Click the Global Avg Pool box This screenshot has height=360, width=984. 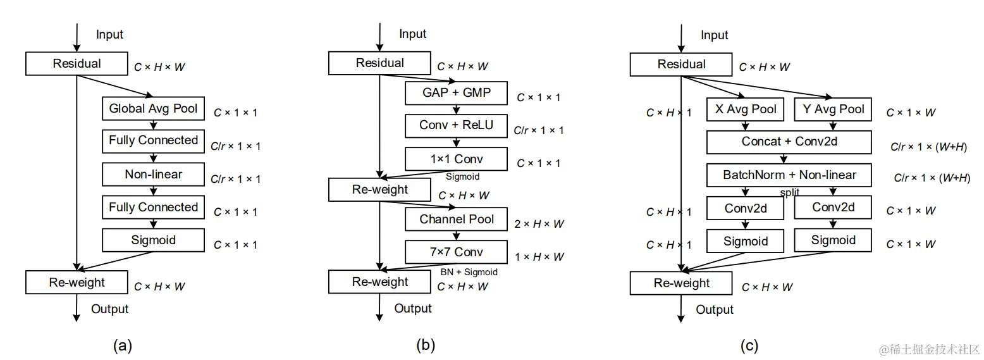[153, 108]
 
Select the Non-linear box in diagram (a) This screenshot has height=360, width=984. [153, 174]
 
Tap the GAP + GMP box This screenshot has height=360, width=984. [456, 93]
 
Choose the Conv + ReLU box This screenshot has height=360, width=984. [456, 125]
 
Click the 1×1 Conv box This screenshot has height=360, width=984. [456, 159]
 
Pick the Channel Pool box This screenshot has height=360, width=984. [456, 219]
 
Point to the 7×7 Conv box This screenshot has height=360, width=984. [456, 252]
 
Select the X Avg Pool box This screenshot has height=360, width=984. [745, 109]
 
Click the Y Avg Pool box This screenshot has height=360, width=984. [833, 109]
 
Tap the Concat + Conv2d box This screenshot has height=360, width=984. [789, 142]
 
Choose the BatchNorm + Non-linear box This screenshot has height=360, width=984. [789, 175]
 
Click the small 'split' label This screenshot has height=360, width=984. [789, 192]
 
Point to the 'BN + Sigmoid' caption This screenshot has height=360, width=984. [469, 272]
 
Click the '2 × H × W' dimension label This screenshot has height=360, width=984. [539, 224]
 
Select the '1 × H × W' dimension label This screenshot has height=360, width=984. [539, 257]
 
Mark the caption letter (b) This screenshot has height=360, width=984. [426, 345]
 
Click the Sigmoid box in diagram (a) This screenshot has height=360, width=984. [153, 240]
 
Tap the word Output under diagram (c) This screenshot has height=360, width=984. [715, 309]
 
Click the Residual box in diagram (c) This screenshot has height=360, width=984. [681, 65]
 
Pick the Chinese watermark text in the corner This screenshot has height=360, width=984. [928, 349]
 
